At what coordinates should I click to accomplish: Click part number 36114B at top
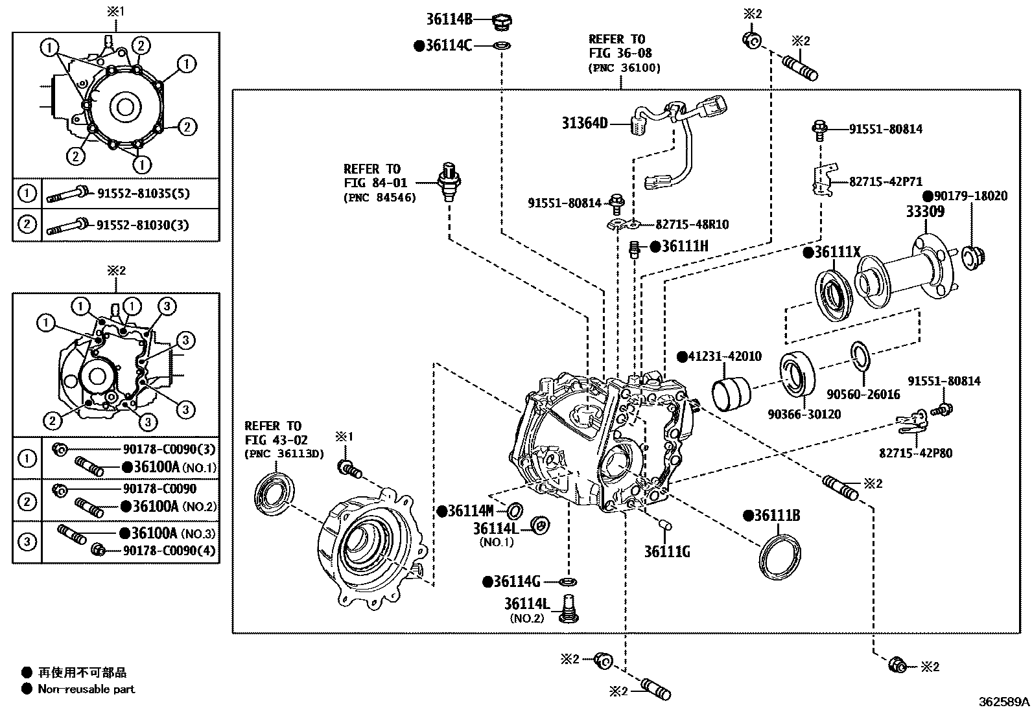[449, 19]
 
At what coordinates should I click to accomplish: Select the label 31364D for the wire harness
[584, 122]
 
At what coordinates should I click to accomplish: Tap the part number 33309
[924, 211]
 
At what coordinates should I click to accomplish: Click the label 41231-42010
[724, 356]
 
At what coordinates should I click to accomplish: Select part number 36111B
[777, 516]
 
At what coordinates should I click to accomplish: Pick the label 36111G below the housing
[666, 551]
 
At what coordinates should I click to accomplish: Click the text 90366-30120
[804, 413]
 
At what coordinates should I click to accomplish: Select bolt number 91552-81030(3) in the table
[143, 225]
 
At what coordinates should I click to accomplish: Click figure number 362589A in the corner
[1003, 701]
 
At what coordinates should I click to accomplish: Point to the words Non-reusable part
[86, 689]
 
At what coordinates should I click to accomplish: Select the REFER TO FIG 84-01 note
[379, 183]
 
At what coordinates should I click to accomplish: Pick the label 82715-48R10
[692, 224]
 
